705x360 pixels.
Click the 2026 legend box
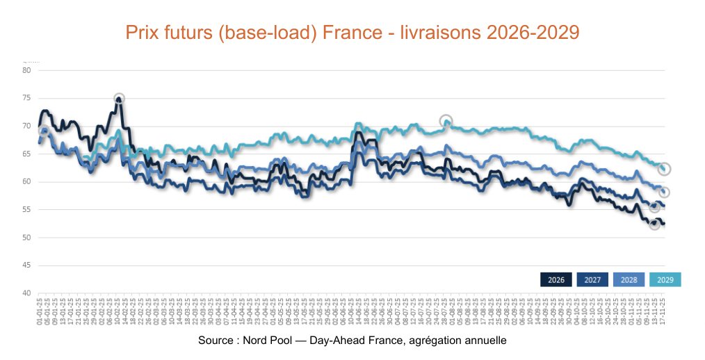(556, 279)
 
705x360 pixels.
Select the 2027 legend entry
(592, 279)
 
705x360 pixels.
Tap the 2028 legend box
(629, 279)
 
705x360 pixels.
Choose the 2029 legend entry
(665, 279)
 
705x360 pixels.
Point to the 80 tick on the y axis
(26, 70)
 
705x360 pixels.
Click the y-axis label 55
(26, 210)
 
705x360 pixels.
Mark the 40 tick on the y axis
(26, 293)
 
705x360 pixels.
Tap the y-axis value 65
(26, 154)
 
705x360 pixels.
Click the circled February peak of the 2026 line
(119, 99)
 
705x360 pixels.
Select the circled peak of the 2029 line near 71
(446, 121)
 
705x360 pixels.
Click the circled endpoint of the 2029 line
(665, 169)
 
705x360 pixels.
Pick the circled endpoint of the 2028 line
(665, 193)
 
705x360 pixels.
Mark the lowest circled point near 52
(654, 224)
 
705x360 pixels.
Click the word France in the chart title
(359, 33)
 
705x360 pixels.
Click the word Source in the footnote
(215, 341)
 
